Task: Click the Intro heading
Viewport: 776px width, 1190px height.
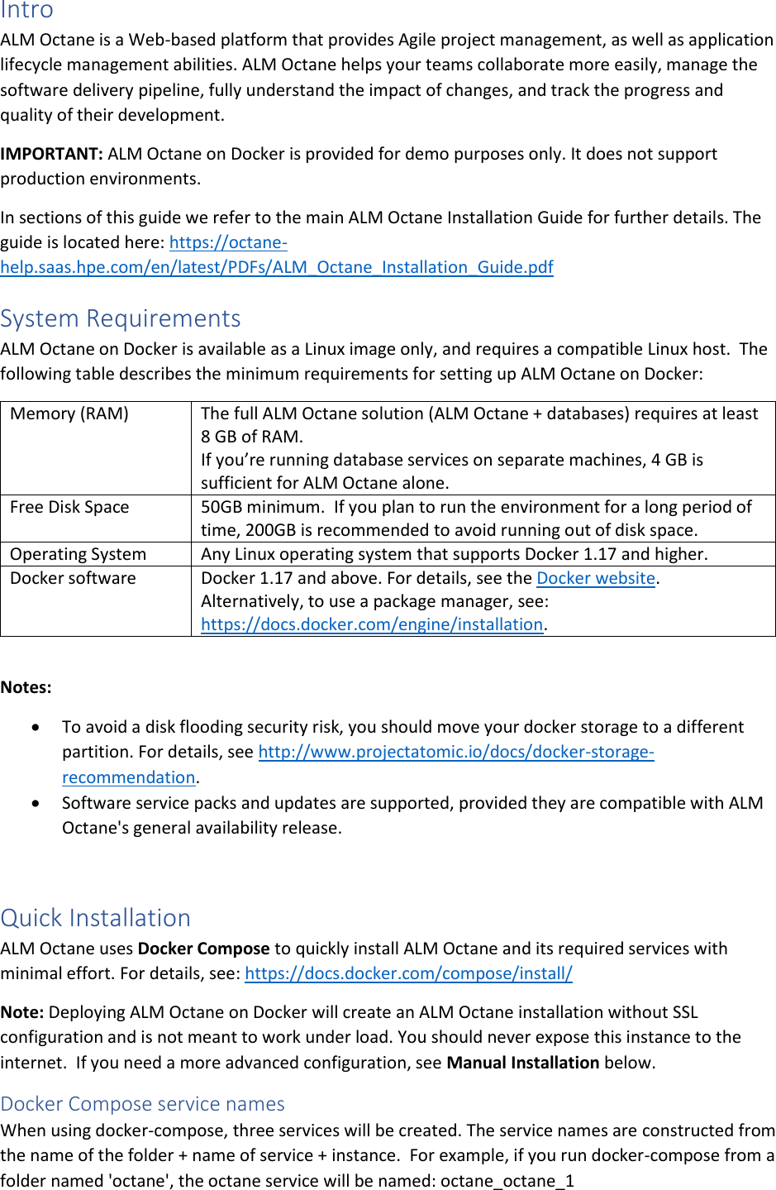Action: pyautogui.click(x=26, y=11)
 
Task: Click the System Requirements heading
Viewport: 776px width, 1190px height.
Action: pyautogui.click(x=121, y=318)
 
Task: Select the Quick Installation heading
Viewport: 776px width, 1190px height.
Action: pyautogui.click(x=96, y=918)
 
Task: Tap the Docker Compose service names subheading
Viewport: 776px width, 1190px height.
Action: pyautogui.click(x=143, y=1104)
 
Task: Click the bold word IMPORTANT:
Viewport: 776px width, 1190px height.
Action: pyautogui.click(x=51, y=154)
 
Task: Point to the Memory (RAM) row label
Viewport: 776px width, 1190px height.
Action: pyautogui.click(x=69, y=413)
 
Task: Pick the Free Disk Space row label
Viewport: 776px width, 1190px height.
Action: pyautogui.click(x=69, y=507)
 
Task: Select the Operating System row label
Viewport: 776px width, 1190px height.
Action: pyautogui.click(x=78, y=554)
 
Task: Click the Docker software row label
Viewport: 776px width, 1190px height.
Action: pyautogui.click(x=73, y=578)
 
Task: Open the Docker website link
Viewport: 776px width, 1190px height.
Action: pyautogui.click(x=596, y=578)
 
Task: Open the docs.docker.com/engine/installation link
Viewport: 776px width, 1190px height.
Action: pyautogui.click(x=372, y=624)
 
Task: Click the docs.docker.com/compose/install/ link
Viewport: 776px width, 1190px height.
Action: pyautogui.click(x=408, y=973)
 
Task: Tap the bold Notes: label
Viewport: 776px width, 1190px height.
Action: pyautogui.click(x=26, y=687)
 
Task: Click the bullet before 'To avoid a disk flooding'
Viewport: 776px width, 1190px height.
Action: pyautogui.click(x=36, y=728)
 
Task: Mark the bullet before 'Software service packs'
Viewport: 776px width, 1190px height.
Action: pyautogui.click(x=36, y=803)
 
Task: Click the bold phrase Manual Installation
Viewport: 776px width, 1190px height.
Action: pyautogui.click(x=522, y=1063)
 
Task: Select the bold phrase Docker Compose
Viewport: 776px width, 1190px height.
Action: pyautogui.click(x=203, y=949)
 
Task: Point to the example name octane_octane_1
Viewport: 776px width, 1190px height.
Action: pyautogui.click(x=507, y=1181)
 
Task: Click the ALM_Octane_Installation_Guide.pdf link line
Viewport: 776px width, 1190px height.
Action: pyautogui.click(x=277, y=267)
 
